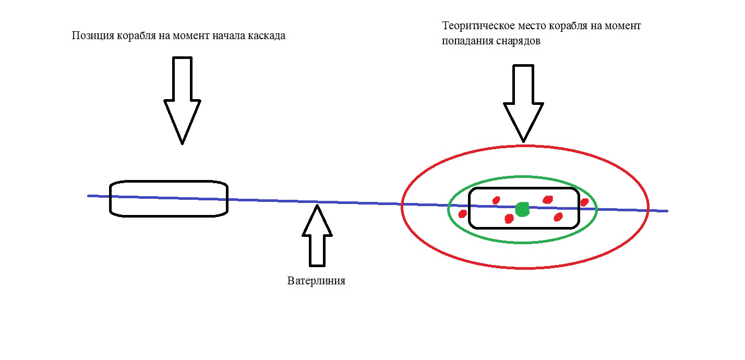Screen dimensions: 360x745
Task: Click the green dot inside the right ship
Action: (x=522, y=209)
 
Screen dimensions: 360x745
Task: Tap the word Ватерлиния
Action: (x=316, y=281)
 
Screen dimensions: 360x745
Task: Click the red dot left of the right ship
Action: (x=462, y=213)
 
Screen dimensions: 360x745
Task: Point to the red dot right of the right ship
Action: (x=584, y=202)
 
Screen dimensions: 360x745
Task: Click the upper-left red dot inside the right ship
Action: (x=496, y=200)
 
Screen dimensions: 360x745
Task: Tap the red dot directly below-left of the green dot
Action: (x=509, y=219)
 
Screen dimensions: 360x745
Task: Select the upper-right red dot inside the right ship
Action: (x=547, y=199)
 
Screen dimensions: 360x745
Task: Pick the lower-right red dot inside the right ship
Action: (x=558, y=217)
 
